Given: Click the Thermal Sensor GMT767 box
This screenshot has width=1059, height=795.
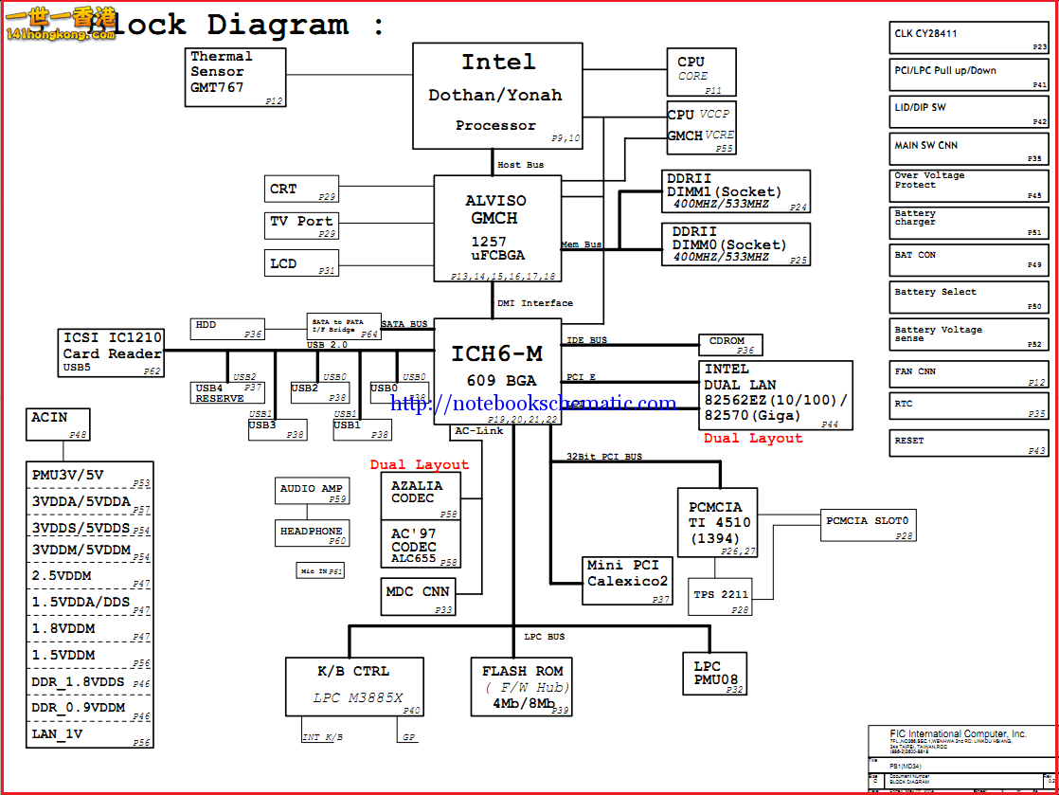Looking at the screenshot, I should pos(234,77).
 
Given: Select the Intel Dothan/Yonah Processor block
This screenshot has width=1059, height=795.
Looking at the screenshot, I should pos(497,96).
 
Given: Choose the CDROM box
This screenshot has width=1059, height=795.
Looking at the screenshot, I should pos(729,345).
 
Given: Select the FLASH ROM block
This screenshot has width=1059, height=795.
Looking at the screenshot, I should pos(521,687).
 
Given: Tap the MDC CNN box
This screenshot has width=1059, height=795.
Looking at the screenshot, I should pos(418,596).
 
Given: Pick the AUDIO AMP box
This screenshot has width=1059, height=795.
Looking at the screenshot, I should pos(312,491).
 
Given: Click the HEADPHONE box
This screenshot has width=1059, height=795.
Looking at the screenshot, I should pos(312,533).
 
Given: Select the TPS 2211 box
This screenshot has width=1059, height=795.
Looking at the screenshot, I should pos(721,597).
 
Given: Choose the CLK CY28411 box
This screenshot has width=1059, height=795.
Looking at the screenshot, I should pos(969,37).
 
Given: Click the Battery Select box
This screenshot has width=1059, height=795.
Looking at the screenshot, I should pos(969,298).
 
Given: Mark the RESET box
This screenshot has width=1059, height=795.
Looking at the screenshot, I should pos(969,444).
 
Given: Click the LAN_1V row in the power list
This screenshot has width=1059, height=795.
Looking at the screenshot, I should pos(90,734).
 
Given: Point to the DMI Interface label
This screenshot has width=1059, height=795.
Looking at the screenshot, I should pos(535,303).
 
